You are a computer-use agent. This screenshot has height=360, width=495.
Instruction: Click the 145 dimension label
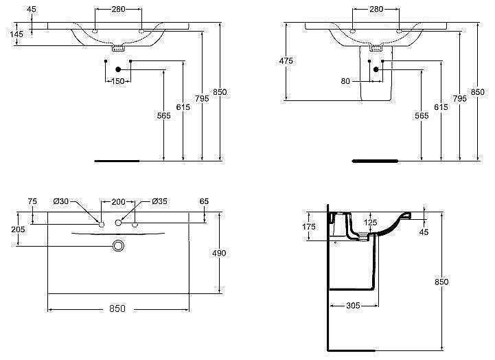click(16, 34)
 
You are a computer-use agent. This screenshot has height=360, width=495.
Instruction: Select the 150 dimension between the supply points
click(118, 81)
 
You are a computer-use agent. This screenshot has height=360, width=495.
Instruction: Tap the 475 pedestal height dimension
click(286, 60)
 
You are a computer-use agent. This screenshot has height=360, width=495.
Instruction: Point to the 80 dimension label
click(345, 81)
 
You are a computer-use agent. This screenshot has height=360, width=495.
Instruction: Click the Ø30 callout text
click(61, 201)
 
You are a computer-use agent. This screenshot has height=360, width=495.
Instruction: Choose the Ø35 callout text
click(159, 201)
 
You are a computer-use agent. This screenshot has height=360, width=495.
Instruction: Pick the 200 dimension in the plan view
click(118, 201)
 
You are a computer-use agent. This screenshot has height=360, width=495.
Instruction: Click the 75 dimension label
click(32, 201)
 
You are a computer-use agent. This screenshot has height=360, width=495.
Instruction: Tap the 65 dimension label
click(205, 201)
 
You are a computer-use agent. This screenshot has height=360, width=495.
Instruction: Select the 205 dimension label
click(18, 229)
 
